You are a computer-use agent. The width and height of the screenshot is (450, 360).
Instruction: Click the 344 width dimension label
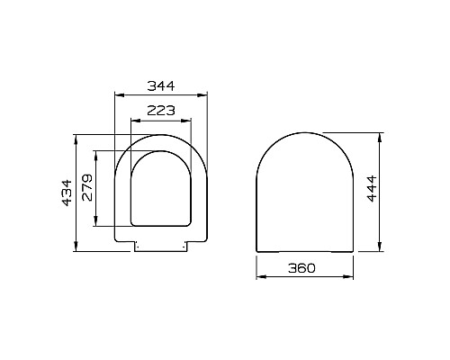(161, 85)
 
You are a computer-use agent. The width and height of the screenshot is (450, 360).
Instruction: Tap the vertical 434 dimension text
(66, 189)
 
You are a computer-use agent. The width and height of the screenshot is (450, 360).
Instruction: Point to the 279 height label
(86, 188)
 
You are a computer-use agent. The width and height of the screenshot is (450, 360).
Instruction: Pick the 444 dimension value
(372, 189)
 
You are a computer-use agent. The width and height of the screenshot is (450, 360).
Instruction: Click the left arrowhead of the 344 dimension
(118, 94)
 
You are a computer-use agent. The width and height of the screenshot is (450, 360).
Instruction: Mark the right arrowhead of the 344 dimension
(207, 94)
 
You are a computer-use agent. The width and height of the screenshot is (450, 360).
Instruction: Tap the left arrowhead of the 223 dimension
(133, 118)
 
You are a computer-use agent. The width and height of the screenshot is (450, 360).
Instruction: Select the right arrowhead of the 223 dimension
(190, 118)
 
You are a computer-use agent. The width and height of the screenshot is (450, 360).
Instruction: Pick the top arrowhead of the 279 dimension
(97, 152)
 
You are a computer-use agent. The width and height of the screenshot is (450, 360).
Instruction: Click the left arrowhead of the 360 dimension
(259, 278)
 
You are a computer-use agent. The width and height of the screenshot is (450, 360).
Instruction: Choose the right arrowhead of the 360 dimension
(351, 278)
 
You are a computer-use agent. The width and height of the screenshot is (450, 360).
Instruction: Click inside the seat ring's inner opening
(162, 189)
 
